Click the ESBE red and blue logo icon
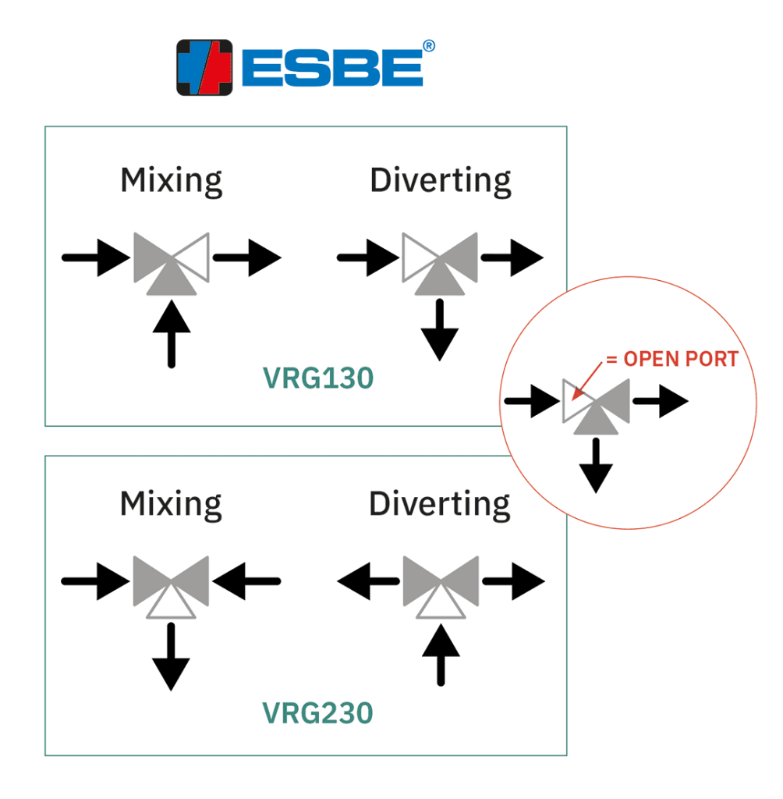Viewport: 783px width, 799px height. (x=205, y=67)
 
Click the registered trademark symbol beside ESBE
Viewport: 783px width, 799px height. (x=428, y=47)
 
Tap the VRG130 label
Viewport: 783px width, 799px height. (x=317, y=378)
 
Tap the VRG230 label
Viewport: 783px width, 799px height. (x=317, y=712)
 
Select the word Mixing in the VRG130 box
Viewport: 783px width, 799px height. (x=172, y=181)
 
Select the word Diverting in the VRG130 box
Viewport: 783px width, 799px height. (x=441, y=181)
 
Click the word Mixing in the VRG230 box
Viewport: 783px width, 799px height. (x=171, y=504)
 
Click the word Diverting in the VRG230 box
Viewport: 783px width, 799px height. (x=440, y=504)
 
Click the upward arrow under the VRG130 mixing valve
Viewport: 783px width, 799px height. (x=172, y=334)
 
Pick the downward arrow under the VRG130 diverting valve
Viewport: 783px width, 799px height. (x=440, y=329)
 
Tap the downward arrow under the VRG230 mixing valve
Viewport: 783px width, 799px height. (x=171, y=657)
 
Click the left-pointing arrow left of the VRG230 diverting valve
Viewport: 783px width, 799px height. (x=367, y=582)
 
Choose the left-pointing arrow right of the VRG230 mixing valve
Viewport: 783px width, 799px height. (x=246, y=581)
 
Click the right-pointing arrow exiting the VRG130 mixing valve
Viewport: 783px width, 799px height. (x=246, y=257)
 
